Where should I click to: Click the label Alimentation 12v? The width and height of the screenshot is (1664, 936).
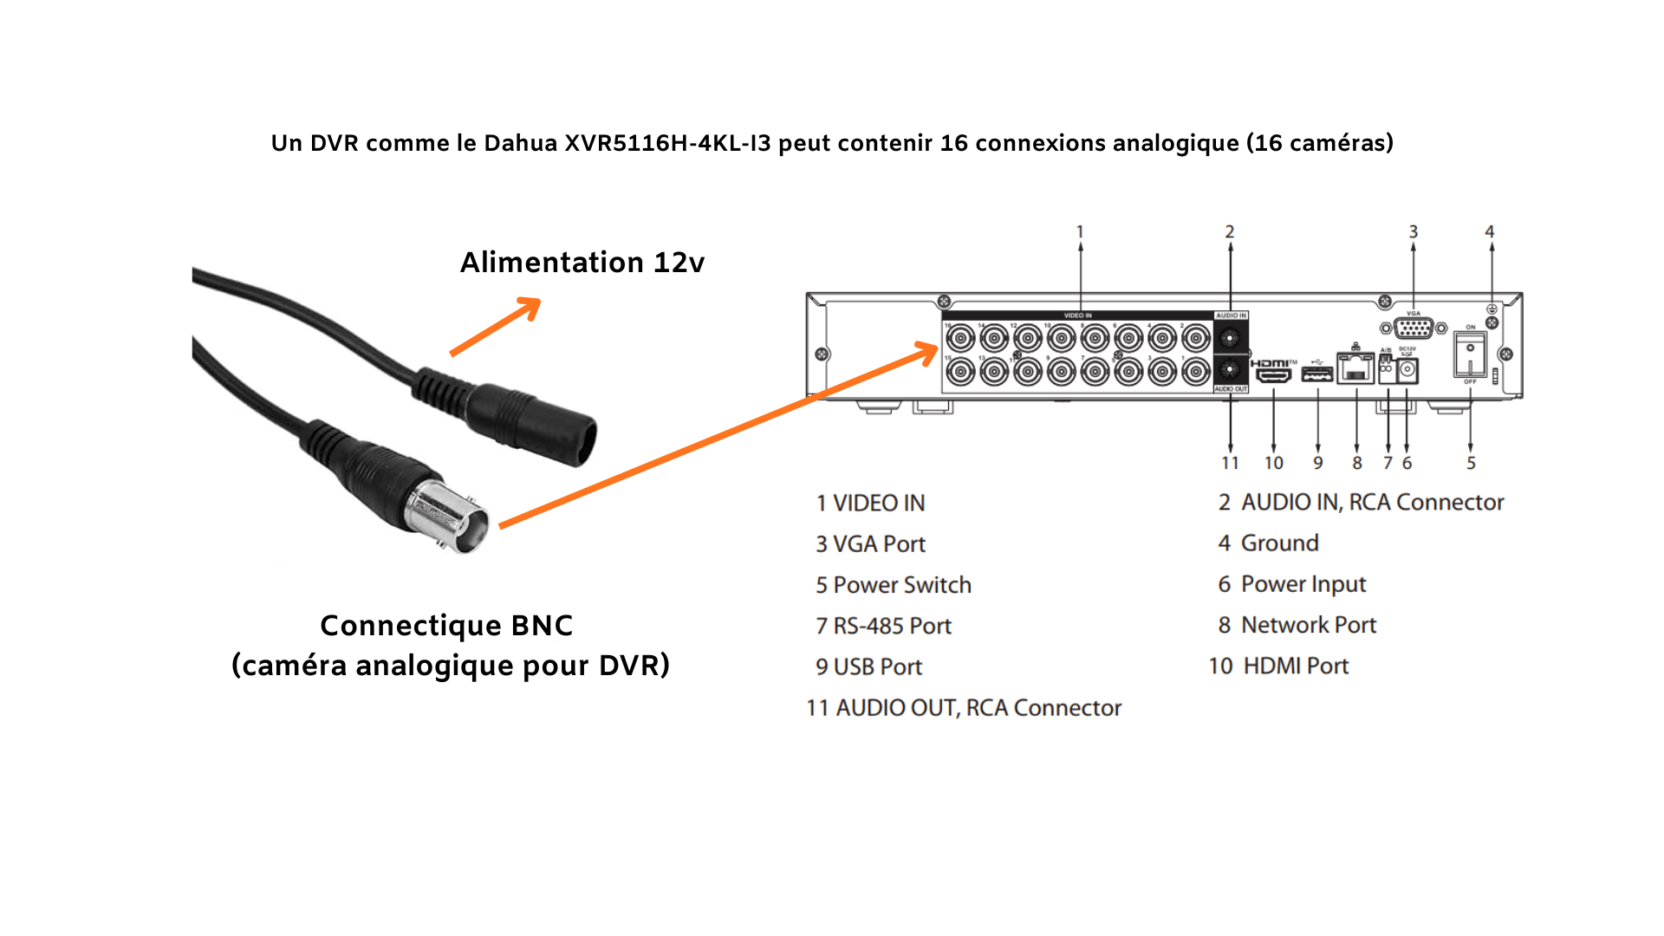[x=582, y=262]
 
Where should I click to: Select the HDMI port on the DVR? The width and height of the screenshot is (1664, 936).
[x=1273, y=374]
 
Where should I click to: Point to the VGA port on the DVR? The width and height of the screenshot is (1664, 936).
[x=1414, y=328]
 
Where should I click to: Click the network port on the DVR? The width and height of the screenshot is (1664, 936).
[x=1355, y=369]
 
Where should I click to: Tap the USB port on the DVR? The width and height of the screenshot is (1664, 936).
[x=1317, y=374]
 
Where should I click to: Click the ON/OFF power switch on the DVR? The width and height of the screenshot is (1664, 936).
[x=1470, y=355]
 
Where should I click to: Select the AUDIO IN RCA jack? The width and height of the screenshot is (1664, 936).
[x=1230, y=337]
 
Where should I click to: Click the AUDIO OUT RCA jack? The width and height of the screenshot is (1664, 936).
[x=1230, y=370]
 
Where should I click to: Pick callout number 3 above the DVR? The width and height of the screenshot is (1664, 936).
[x=1414, y=231]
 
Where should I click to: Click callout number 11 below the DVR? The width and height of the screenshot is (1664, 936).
[x=1230, y=463]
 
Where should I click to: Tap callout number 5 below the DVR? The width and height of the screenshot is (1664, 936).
[x=1471, y=463]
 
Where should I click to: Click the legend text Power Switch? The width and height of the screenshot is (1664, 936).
[x=901, y=585]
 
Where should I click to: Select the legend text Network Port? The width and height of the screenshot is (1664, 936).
[x=1309, y=625]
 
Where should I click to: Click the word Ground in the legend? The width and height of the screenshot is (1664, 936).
[x=1279, y=543]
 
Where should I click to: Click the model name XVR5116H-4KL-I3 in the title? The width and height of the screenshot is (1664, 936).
[x=667, y=143]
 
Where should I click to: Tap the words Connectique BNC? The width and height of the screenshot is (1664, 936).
[x=446, y=625]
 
